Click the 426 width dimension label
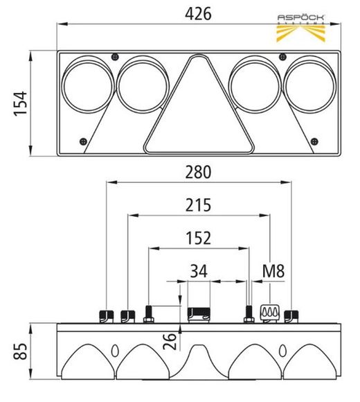[198, 14]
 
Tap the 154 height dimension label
[21, 103]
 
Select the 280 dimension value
[198, 173]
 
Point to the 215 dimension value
[198, 205]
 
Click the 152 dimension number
[198, 238]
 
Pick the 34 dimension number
[199, 271]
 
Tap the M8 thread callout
[273, 271]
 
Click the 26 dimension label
[170, 342]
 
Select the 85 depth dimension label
[21, 351]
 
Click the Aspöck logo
[301, 28]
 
